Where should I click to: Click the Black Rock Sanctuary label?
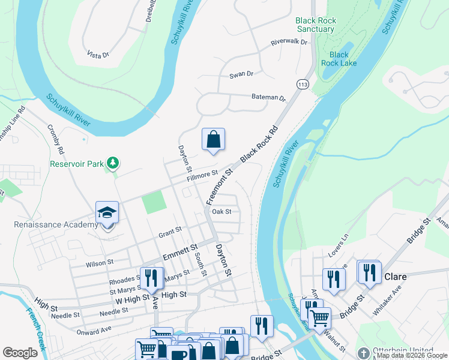[x=315, y=25]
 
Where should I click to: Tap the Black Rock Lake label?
[x=339, y=59]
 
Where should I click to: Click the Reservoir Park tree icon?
[x=112, y=163]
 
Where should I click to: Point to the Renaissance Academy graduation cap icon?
[x=107, y=212]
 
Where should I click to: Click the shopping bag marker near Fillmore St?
[x=213, y=140]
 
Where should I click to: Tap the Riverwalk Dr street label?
[x=289, y=43]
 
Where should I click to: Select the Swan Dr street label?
[x=242, y=75]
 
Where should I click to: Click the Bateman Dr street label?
[x=268, y=97]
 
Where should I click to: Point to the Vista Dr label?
[x=98, y=55]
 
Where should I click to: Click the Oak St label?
[x=221, y=211]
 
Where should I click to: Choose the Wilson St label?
[x=100, y=263]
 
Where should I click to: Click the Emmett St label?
[x=180, y=247]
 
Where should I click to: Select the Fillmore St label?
[x=202, y=175]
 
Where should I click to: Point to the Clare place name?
[x=396, y=277]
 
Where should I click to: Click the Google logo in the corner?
[x=20, y=352]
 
